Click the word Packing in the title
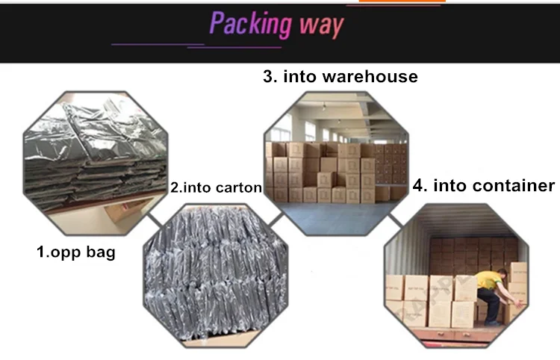click(249, 25)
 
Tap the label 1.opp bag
click(76, 252)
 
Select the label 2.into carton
click(216, 188)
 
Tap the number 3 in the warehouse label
click(267, 77)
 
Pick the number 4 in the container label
click(418, 185)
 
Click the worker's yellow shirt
click(490, 282)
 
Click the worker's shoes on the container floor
click(489, 323)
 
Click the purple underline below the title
click(194, 45)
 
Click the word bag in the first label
click(101, 252)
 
